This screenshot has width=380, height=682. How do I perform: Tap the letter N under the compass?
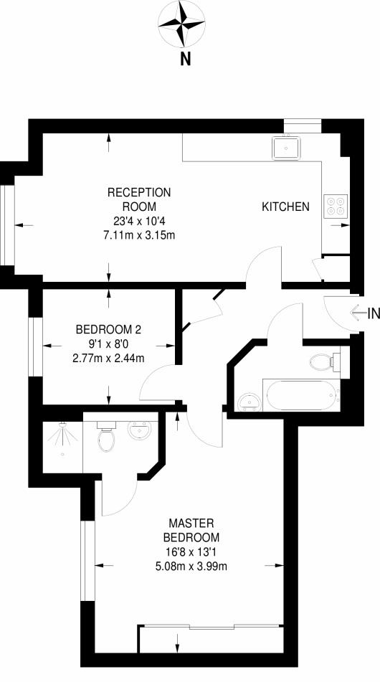[x=185, y=60]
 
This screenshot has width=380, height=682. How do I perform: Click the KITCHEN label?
[x=285, y=207]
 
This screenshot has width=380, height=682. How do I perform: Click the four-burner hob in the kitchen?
[x=336, y=207]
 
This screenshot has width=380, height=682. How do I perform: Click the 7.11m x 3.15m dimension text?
[x=139, y=235]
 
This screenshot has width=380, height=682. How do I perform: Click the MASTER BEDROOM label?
[x=191, y=529]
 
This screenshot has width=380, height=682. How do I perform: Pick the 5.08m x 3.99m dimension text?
[x=191, y=565]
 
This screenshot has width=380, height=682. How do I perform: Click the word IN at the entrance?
[x=373, y=313]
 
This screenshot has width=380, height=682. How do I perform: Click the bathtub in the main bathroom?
[x=299, y=394]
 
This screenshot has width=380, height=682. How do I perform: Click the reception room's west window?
[x=8, y=225]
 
